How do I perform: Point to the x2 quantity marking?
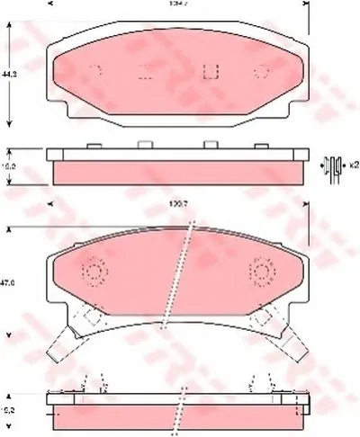pos(353,164)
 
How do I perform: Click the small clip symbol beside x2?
pos(333,165)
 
